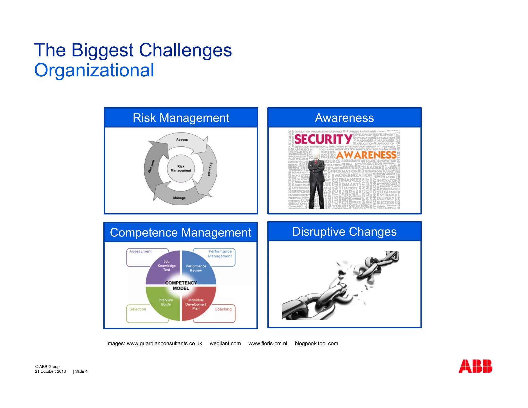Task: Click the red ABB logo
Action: coord(475,366)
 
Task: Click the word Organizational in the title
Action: coord(94,70)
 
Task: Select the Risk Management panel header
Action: coord(181,118)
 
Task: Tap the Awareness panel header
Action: coord(344,118)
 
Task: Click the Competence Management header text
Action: coord(180,232)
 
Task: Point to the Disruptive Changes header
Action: coord(344,232)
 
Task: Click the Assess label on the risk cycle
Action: coord(182,140)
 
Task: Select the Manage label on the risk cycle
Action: coord(179,198)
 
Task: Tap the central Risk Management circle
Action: coord(181,168)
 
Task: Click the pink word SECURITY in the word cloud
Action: coord(323,139)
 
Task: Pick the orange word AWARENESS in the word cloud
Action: coord(366,155)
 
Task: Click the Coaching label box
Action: coord(223,309)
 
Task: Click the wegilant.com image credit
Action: coord(225,344)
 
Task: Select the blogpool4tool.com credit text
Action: coord(316,344)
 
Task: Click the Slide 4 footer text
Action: coord(81,371)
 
